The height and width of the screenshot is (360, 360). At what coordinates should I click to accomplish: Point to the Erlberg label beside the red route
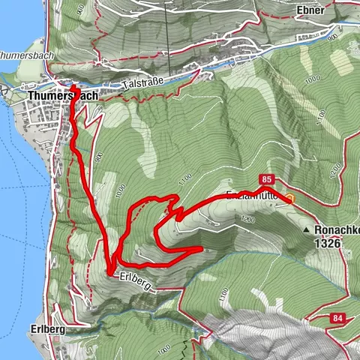point(135,276)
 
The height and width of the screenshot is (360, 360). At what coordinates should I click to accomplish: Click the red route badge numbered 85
point(267,179)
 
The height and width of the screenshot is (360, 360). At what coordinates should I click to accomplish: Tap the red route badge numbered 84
point(335,319)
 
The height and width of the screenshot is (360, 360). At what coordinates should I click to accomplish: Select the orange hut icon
point(291,198)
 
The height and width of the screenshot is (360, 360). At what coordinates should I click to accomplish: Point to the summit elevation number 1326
point(328,244)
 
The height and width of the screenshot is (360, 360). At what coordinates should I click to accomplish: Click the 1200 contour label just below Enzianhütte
point(247,220)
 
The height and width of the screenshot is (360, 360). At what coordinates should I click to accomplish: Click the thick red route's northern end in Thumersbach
point(74,88)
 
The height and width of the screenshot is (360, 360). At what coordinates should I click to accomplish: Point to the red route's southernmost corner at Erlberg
point(109,271)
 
